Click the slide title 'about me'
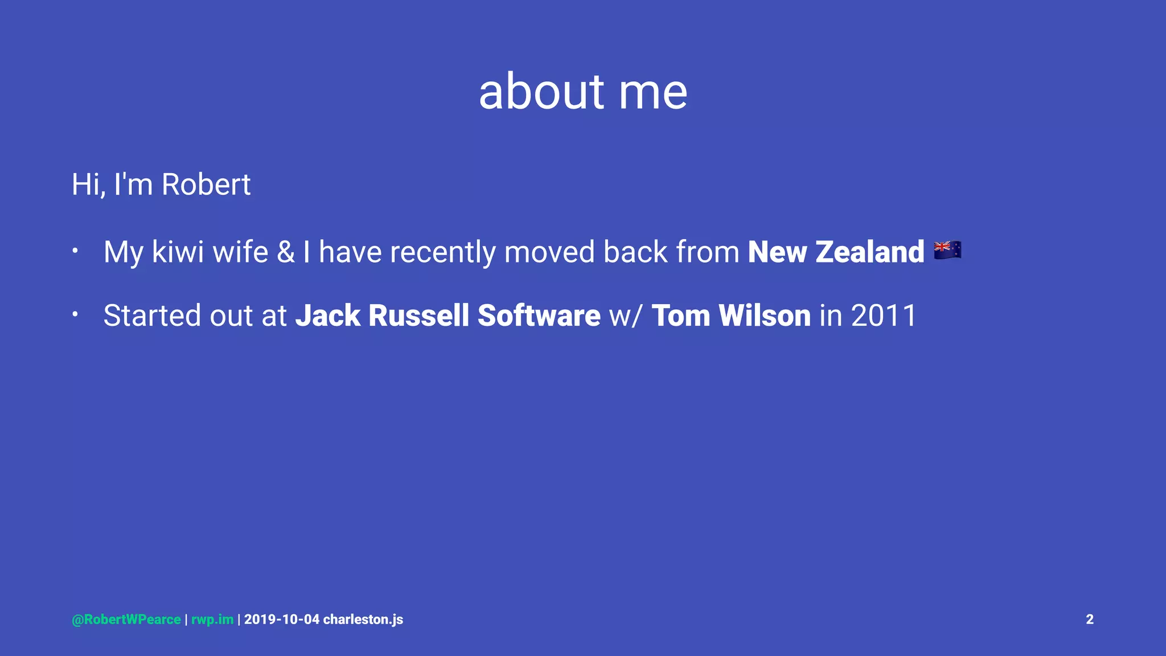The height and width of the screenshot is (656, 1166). [583, 92]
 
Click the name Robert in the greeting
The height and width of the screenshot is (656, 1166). [206, 184]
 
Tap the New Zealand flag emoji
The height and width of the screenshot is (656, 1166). [947, 250]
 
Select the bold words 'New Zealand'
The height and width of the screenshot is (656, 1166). [836, 252]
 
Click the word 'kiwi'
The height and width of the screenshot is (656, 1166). [178, 252]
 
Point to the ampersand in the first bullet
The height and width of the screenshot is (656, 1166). [286, 252]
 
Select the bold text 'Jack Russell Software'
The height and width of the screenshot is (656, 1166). [447, 315]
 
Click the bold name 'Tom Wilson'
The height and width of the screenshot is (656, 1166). [731, 315]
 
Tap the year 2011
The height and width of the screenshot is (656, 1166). [884, 315]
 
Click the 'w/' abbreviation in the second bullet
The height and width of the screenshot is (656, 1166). [626, 317]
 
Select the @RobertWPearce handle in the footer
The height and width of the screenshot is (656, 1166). [126, 620]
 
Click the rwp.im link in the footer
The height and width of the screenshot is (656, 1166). [212, 620]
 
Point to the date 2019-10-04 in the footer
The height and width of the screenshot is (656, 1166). [282, 620]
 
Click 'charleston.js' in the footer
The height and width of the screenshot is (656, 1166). [363, 620]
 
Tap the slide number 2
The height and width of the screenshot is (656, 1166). [1090, 620]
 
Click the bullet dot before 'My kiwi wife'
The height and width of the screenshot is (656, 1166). [75, 250]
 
